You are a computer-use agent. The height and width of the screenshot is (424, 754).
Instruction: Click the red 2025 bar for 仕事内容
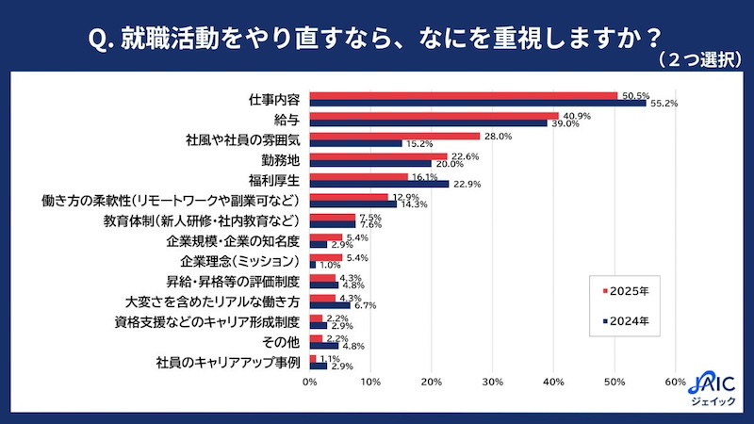463,95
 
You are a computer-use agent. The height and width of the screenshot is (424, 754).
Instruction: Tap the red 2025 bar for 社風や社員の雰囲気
394,136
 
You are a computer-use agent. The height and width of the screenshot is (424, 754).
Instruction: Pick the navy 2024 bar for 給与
428,122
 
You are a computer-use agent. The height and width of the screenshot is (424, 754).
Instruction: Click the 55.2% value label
664,103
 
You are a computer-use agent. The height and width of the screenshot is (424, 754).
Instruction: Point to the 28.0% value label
498,136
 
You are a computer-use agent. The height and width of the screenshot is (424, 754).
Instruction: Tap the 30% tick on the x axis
492,382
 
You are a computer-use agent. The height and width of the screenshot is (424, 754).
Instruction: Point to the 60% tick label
675,382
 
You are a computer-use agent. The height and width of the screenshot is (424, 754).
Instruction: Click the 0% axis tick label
309,382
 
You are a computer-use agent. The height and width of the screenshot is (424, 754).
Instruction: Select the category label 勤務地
280,158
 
